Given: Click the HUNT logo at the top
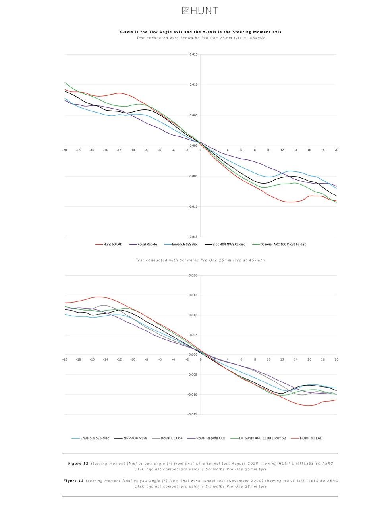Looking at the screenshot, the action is [200, 10].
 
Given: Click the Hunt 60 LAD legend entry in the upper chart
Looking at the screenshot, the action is [109, 244].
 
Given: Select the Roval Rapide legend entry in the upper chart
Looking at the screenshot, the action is [143, 244].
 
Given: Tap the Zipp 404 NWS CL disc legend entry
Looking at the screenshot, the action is [225, 244].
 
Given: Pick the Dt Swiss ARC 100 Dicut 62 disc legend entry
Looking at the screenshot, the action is [279, 244].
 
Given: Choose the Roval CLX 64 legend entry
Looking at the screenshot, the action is [167, 438].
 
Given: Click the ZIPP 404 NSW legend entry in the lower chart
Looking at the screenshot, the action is [131, 438].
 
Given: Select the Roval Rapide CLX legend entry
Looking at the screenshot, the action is [207, 438].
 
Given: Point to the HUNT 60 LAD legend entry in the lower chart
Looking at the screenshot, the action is [307, 438].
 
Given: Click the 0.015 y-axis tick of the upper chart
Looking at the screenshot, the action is [193, 54].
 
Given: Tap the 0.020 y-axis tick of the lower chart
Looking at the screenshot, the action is [193, 276].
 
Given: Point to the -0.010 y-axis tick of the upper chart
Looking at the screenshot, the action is [193, 207].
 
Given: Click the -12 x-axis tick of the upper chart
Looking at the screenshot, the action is [119, 150].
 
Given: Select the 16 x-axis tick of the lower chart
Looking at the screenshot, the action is [309, 359].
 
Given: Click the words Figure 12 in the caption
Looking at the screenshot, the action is [78, 463].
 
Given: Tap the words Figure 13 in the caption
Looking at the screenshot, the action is [73, 481].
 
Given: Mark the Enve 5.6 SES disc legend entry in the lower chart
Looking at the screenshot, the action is [91, 438].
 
